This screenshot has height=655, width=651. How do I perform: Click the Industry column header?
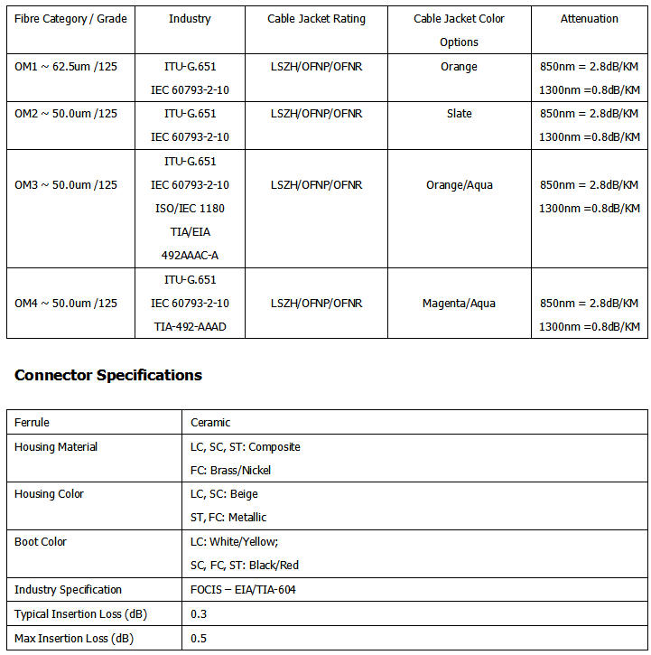190,19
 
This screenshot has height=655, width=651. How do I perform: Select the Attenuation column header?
589,19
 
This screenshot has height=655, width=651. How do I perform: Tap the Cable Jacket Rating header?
316,19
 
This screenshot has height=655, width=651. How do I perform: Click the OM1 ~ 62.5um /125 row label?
66,67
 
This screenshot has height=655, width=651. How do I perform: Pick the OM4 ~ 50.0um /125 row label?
66,304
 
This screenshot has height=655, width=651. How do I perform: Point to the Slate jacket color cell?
459,114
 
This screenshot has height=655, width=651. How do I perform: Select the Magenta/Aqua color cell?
459,304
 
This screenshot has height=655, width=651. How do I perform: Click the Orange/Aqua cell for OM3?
459,185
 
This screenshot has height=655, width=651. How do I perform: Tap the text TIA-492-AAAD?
190,327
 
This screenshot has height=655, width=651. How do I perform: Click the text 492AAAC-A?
190,256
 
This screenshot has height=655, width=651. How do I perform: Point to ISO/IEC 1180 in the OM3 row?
190,209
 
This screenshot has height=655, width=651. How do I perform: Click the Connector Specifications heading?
108,375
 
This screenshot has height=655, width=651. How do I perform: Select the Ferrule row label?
33,423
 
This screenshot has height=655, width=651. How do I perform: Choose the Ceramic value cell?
210,423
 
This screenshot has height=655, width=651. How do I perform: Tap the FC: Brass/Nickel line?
231,471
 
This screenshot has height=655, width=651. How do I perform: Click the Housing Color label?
51,494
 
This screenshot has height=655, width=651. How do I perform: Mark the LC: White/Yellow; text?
235,542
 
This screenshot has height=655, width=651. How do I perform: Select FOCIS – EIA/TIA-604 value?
243,590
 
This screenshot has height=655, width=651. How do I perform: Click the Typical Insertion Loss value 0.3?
198,614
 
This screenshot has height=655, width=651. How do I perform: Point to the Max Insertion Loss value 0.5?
198,639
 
